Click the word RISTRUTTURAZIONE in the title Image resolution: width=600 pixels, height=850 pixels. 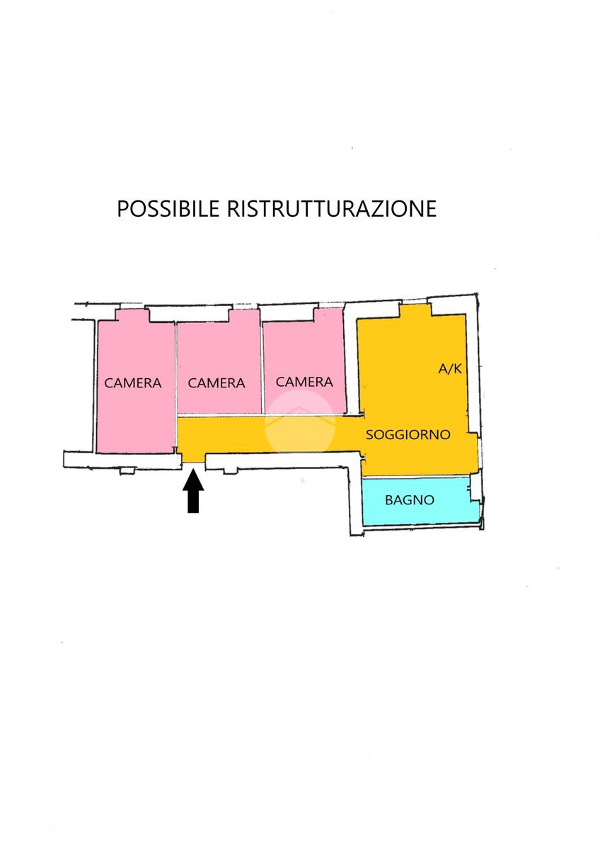[332, 208]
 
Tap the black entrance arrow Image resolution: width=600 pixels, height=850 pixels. [193, 491]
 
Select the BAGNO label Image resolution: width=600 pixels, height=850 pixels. [410, 500]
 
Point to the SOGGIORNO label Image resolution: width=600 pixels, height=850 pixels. [408, 434]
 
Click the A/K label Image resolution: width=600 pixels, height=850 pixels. [450, 368]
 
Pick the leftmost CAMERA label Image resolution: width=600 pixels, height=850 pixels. [132, 383]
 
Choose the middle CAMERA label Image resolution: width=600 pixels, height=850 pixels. [217, 383]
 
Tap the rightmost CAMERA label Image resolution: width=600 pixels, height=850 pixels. [304, 382]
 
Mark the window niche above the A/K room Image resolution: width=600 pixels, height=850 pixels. [415, 310]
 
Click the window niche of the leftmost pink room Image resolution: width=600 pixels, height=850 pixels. [132, 316]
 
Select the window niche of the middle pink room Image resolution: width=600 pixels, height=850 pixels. [243, 316]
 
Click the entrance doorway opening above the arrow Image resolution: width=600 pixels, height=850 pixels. [193, 458]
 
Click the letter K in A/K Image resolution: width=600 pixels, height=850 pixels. [457, 368]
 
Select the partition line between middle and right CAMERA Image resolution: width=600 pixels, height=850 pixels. [262, 368]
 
